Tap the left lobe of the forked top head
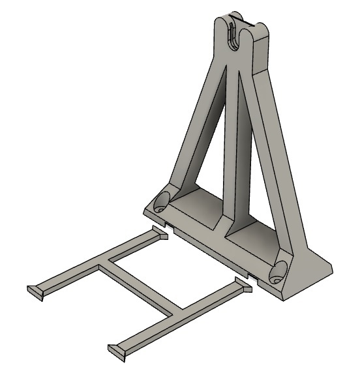pos(222,29)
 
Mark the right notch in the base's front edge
pos(252,274)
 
